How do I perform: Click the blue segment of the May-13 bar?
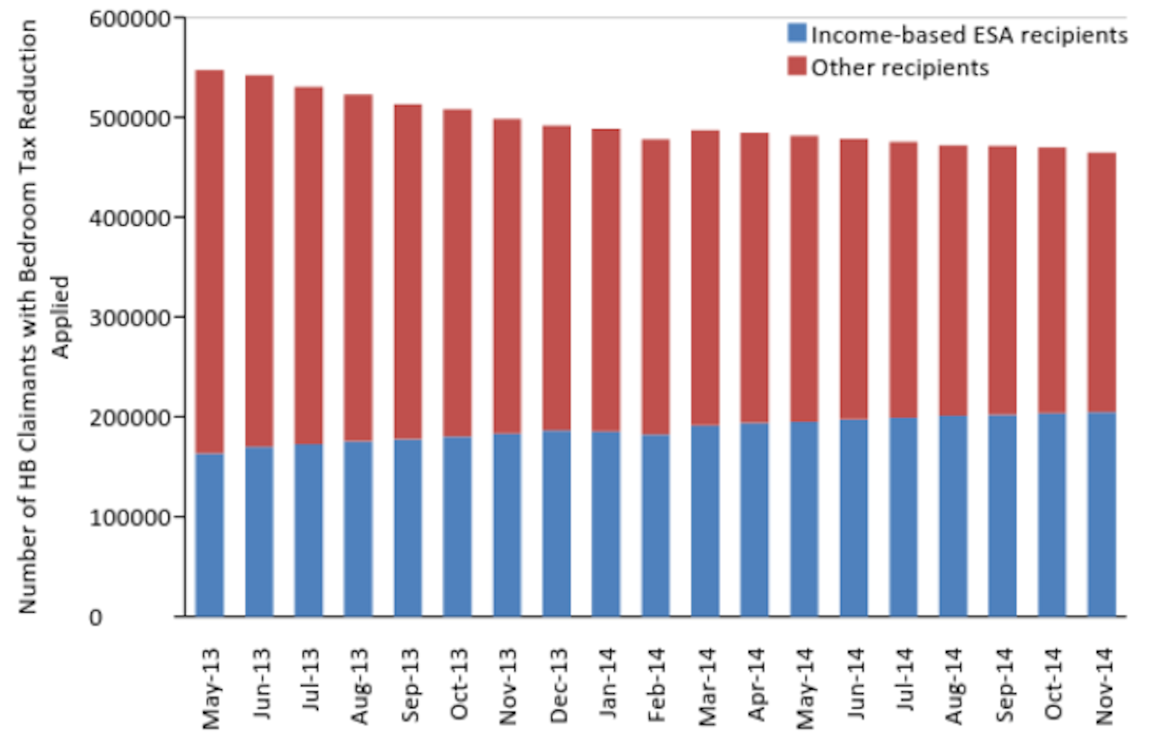209,535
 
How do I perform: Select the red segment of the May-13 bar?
209,262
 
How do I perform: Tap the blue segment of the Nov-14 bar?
1102,514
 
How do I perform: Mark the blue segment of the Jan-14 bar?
606,524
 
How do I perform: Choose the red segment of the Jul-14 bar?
903,280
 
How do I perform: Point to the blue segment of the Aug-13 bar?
358,529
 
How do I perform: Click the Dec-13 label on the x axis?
558,686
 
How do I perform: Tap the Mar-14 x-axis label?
707,687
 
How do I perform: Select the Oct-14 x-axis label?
1053,684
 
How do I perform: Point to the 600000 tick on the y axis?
130,19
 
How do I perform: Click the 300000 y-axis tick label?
130,318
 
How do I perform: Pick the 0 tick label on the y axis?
96,617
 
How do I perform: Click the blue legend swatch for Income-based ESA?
797,33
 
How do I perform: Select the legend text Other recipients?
900,68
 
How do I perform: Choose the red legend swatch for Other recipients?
797,66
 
